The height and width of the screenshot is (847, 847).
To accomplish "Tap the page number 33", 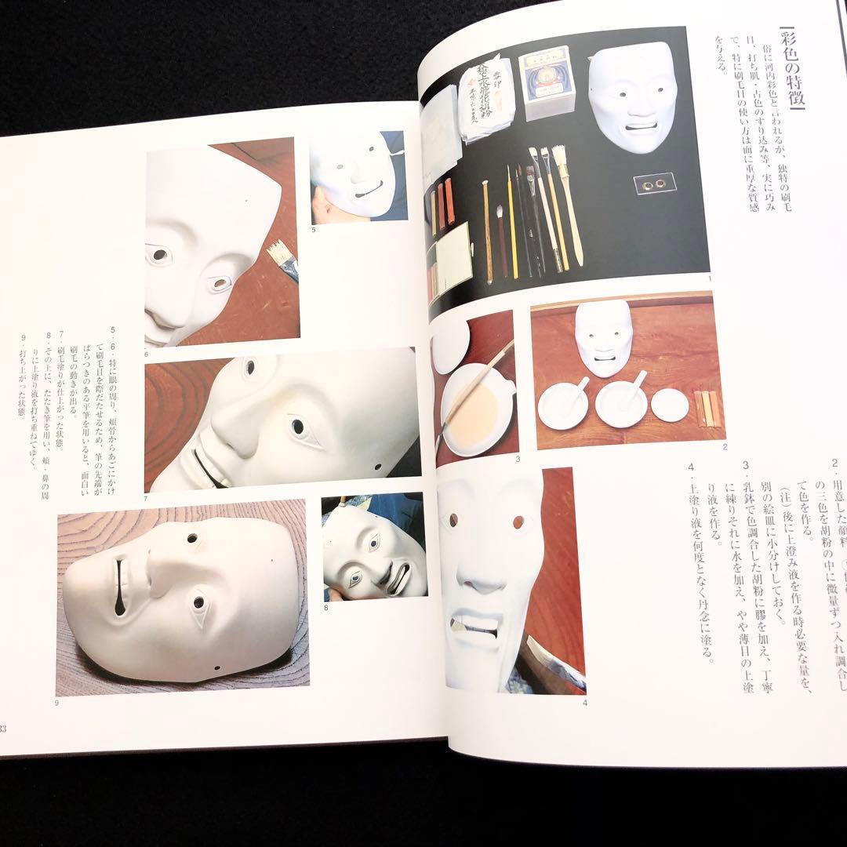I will [4, 729].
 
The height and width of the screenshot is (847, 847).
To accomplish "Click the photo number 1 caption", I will [708, 279].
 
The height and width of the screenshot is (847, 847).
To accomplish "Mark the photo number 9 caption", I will [57, 703].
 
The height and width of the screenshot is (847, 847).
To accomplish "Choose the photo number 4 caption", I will [585, 703].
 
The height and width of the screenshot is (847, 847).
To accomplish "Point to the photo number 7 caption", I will [147, 498].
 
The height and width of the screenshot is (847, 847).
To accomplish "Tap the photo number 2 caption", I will [725, 447].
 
